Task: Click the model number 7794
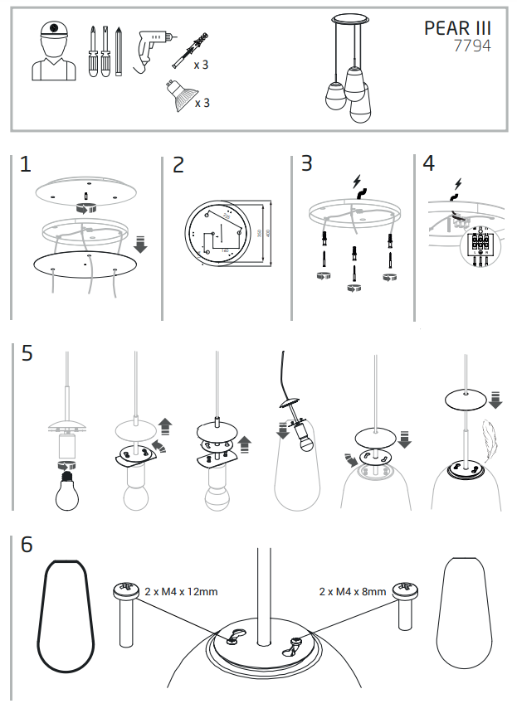click(x=472, y=46)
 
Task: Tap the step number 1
click(x=26, y=164)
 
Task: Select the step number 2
click(x=178, y=165)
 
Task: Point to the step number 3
click(x=307, y=163)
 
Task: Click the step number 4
click(x=428, y=163)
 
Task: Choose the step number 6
click(x=27, y=545)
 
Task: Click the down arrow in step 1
click(x=140, y=244)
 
